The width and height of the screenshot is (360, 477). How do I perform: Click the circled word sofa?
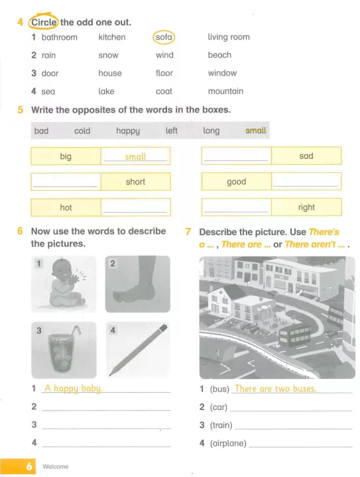(164, 37)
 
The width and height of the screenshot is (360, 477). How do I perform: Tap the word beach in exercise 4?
(219, 55)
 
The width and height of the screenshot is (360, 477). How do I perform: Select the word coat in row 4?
(164, 91)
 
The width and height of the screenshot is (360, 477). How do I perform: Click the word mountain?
(225, 91)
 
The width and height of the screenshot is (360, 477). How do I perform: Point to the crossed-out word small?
(256, 131)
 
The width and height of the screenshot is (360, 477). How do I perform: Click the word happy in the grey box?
(128, 131)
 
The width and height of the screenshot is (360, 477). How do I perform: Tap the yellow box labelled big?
(66, 156)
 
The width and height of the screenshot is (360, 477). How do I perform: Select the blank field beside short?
(66, 182)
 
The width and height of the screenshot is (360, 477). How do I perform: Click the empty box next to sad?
(237, 156)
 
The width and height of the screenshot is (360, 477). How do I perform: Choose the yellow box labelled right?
(306, 207)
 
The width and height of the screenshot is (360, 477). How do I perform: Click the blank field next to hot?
(135, 207)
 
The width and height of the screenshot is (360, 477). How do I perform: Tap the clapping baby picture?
(64, 284)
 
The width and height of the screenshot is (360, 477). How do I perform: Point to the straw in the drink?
(76, 331)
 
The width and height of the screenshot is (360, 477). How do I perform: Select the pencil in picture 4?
(138, 350)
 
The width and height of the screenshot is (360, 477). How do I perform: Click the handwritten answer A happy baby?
(74, 388)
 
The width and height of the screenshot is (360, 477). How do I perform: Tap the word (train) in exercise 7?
(221, 425)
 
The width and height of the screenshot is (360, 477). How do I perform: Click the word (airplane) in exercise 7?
(228, 443)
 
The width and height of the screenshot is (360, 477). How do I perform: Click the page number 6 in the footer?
(29, 466)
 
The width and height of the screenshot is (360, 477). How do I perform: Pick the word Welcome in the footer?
(56, 466)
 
